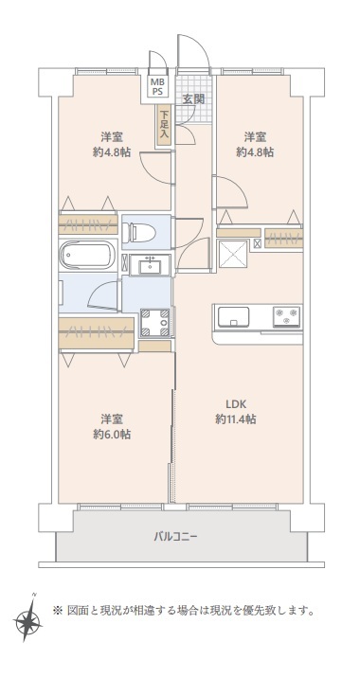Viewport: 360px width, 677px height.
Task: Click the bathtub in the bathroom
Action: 88,255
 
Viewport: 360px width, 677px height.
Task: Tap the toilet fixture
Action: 139,232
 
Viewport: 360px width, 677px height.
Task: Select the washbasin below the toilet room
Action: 150,265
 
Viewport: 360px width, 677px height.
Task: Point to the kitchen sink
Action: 233,317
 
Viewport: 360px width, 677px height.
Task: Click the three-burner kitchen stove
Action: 286,316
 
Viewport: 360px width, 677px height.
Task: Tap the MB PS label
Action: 155,86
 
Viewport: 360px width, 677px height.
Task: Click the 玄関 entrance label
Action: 193,98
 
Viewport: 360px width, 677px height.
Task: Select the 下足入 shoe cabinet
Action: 164,125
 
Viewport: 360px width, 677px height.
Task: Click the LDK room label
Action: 236,404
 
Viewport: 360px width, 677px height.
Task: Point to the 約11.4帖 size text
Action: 236,419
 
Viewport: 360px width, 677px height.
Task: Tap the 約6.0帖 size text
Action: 112,434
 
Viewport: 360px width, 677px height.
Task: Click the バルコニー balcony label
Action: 175,537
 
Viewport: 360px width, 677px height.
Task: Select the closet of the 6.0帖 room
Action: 96,333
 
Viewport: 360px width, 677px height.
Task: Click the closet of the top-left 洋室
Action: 88,224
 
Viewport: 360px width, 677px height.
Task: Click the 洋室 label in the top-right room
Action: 255,137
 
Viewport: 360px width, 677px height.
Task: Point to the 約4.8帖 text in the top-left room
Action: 112,152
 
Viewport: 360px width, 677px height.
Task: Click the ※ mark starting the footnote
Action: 58,611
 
